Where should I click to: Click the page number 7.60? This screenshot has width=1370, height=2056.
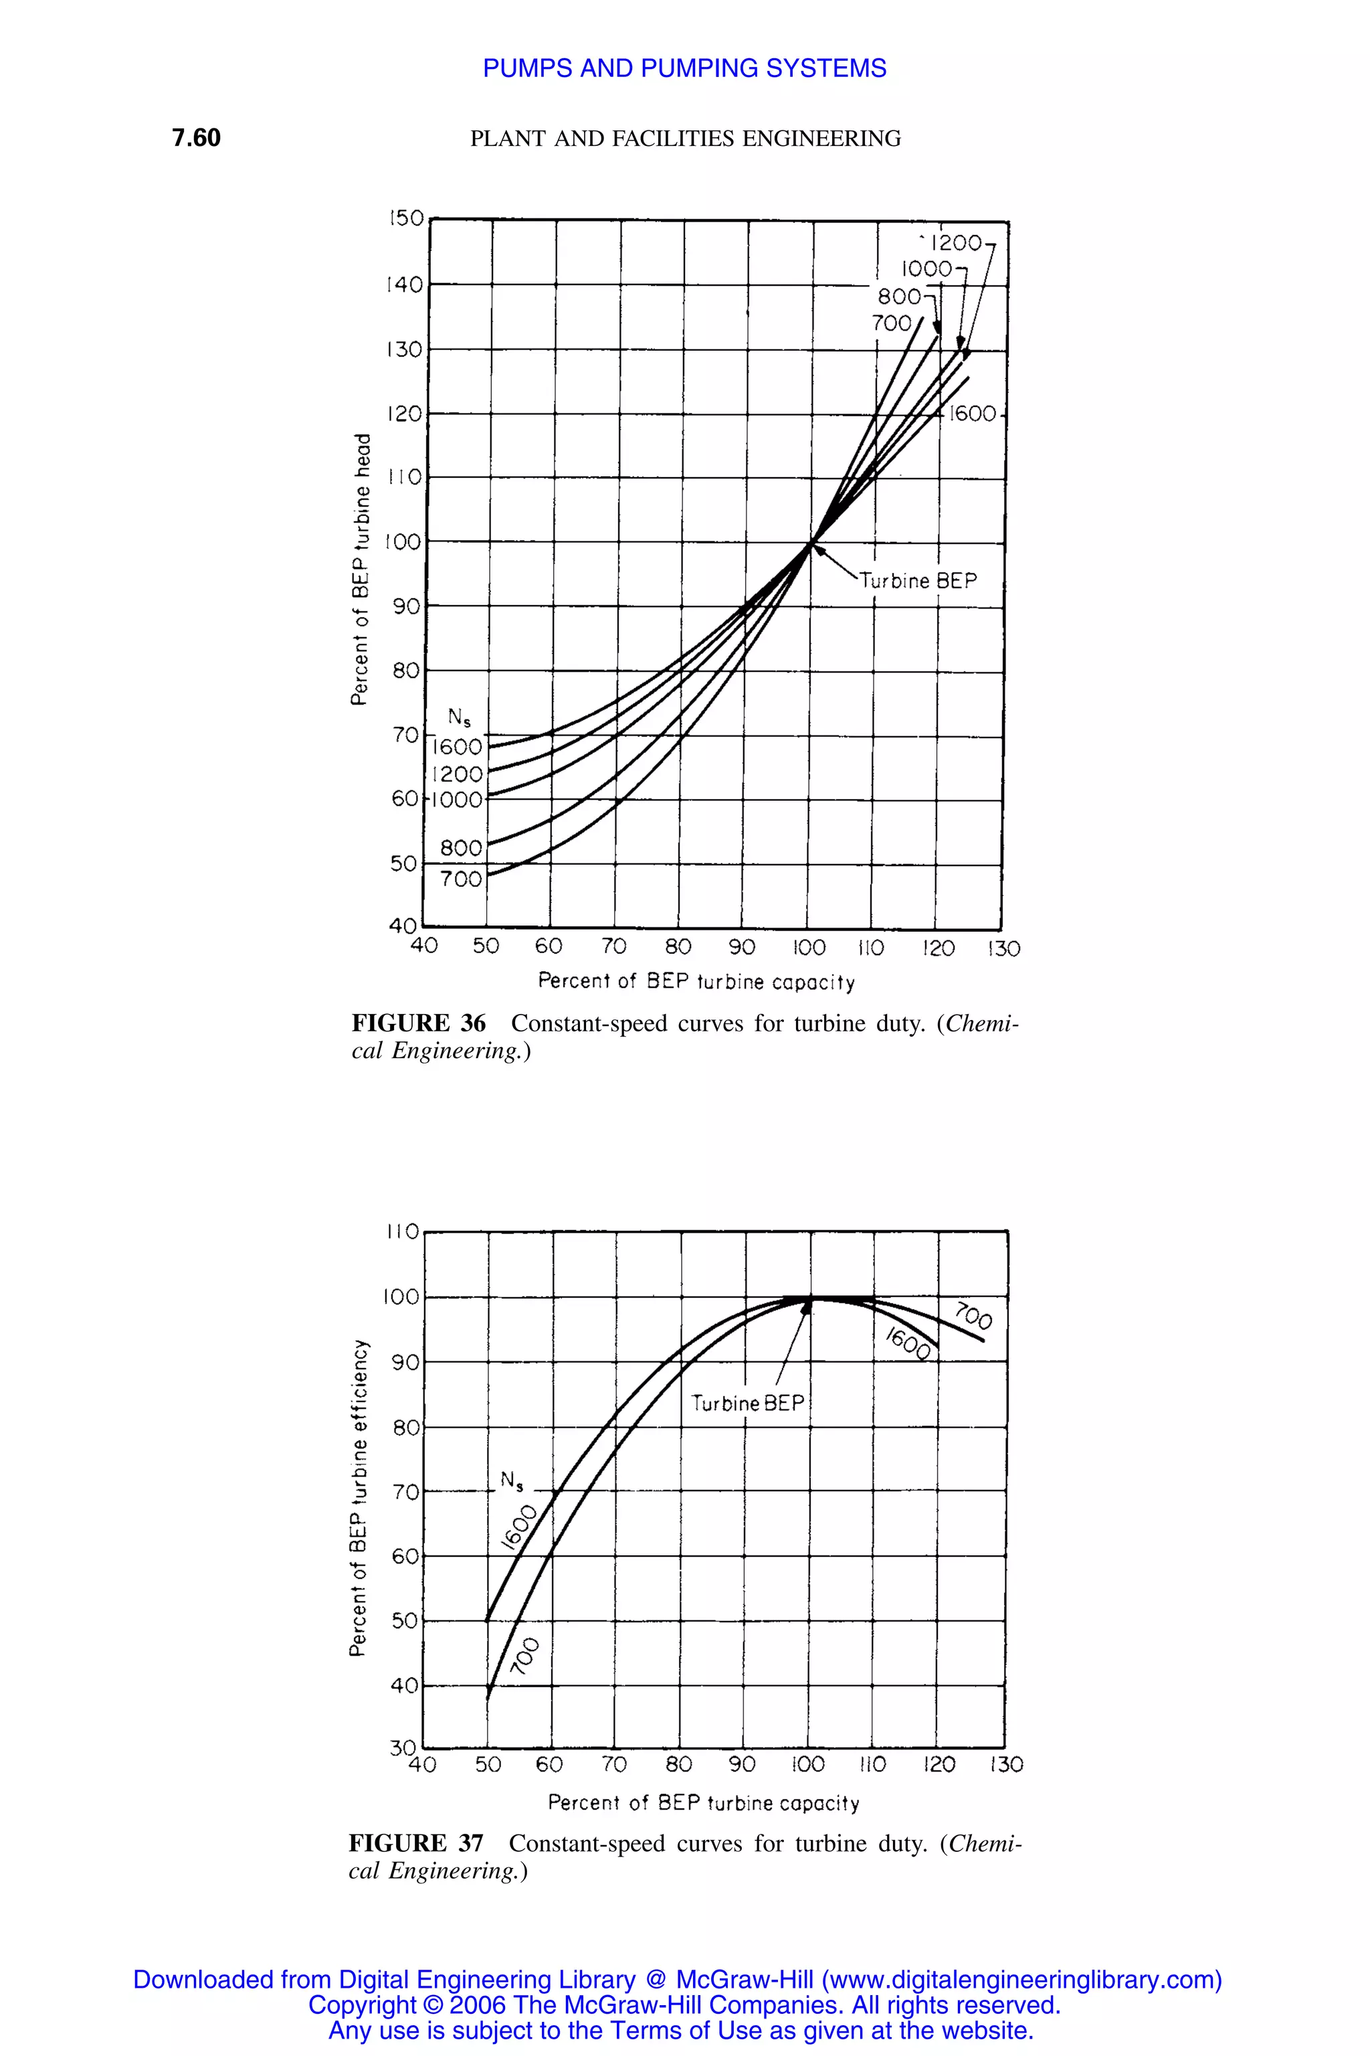pyautogui.click(x=196, y=138)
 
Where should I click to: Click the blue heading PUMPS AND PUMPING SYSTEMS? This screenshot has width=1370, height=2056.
pyautogui.click(x=684, y=68)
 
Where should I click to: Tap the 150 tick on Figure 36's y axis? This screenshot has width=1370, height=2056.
pyautogui.click(x=406, y=219)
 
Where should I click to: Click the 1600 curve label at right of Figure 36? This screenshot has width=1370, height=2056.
pyautogui.click(x=973, y=414)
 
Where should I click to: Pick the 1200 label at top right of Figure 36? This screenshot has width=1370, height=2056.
pyautogui.click(x=956, y=243)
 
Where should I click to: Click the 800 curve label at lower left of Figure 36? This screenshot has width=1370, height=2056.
pyautogui.click(x=460, y=848)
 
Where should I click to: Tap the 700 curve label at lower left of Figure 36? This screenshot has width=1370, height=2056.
pyautogui.click(x=460, y=879)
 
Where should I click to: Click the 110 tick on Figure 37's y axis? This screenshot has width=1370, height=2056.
pyautogui.click(x=403, y=1231)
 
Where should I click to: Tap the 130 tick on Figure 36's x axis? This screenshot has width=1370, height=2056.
pyautogui.click(x=1004, y=948)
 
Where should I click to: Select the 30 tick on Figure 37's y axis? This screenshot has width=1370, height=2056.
pyautogui.click(x=403, y=1747)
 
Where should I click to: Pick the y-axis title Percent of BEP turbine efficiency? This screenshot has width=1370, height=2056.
pyautogui.click(x=359, y=1497)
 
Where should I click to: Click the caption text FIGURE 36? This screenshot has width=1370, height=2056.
pyautogui.click(x=419, y=1023)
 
